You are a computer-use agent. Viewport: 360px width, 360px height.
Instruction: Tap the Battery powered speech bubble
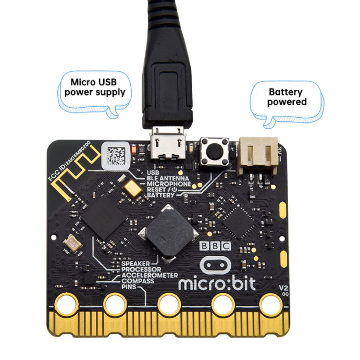coord(286,98)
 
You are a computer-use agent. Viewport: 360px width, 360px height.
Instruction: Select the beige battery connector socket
coord(258,155)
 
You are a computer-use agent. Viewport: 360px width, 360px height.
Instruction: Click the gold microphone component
coord(133,187)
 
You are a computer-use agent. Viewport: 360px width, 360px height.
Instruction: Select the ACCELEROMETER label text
coord(150,275)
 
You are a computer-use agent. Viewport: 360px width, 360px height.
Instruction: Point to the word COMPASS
coord(138,281)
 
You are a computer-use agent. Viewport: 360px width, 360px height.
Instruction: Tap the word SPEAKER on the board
coord(135,264)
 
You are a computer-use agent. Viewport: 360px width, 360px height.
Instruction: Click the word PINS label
coord(129,287)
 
